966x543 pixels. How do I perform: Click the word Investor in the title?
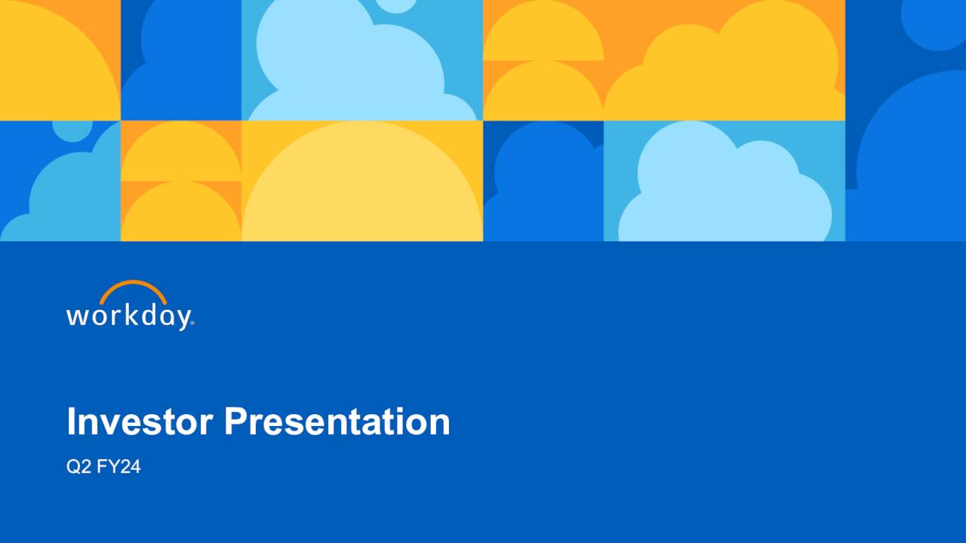click(140, 421)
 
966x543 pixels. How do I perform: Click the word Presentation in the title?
click(337, 421)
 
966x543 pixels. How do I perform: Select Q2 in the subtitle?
click(78, 467)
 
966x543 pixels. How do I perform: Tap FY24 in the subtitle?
click(118, 467)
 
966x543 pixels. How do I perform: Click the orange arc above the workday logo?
click(133, 287)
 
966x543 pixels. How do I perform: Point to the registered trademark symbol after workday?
click(192, 323)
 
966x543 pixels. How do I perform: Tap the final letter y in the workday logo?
click(182, 318)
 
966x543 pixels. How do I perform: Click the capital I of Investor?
click(71, 421)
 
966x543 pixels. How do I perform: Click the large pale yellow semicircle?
click(362, 189)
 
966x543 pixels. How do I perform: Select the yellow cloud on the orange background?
click(724, 72)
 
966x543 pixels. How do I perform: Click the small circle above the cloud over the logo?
click(72, 130)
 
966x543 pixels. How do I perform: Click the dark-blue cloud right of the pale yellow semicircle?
click(543, 189)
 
